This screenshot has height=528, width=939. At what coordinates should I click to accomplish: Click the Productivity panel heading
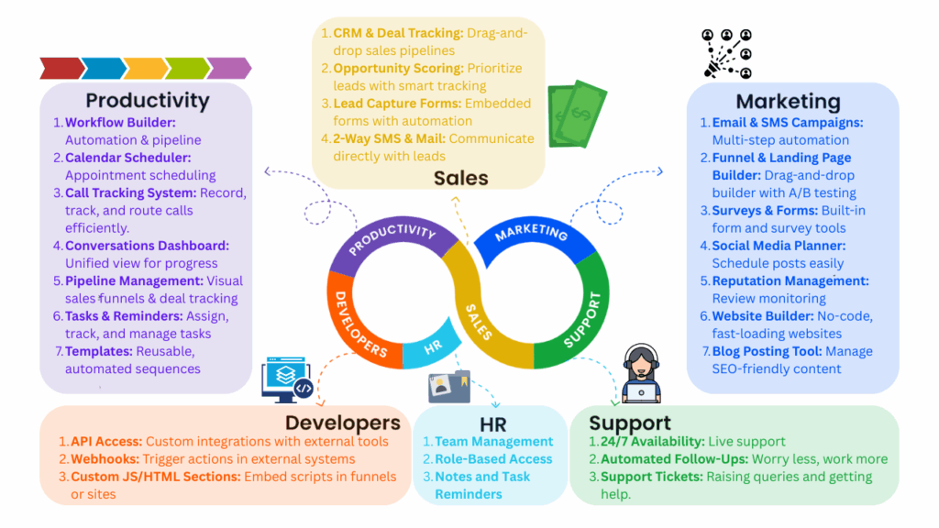(148, 101)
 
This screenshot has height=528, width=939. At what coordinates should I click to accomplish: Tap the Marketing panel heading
(788, 102)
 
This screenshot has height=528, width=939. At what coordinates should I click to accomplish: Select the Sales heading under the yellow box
(461, 178)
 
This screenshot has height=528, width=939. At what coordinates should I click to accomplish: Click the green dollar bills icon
(578, 114)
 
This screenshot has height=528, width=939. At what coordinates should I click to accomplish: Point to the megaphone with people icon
(727, 54)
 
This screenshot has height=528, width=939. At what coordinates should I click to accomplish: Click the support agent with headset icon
(641, 374)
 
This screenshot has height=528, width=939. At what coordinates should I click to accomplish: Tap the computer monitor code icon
(287, 379)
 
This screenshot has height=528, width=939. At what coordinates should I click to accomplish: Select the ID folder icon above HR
(449, 387)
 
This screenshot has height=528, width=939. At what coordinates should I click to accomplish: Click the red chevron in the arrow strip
(61, 68)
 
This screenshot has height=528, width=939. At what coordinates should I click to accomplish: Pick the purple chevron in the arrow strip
(229, 68)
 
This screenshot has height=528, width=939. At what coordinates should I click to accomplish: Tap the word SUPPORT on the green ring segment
(582, 319)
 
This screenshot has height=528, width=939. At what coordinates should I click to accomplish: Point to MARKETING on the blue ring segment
(531, 233)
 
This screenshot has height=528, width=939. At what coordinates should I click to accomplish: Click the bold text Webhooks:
(105, 459)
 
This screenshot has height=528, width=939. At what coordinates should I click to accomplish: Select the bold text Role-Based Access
(493, 459)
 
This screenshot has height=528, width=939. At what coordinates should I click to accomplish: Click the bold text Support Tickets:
(652, 477)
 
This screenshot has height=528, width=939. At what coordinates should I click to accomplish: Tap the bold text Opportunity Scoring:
(398, 68)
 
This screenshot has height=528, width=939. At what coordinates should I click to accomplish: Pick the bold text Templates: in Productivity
(99, 351)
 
